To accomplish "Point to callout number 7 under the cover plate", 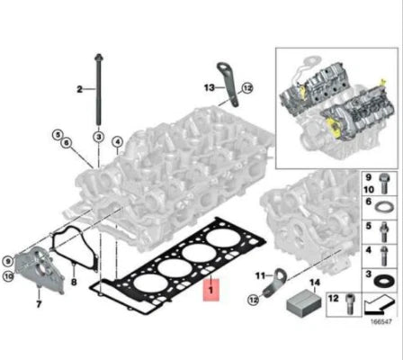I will coord(39,304).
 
